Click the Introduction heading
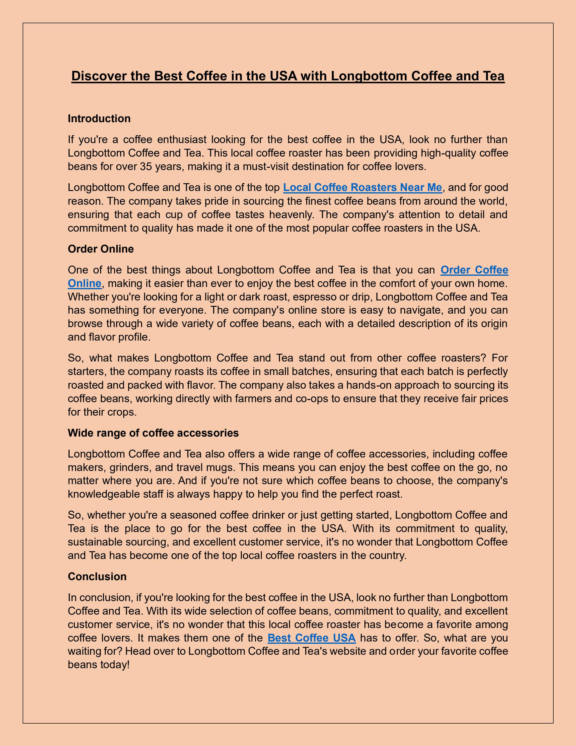(x=99, y=118)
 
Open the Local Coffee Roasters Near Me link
(x=362, y=187)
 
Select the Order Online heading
(x=101, y=249)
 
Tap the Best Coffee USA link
(x=312, y=638)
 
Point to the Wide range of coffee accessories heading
(x=153, y=433)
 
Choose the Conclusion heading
(x=97, y=576)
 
